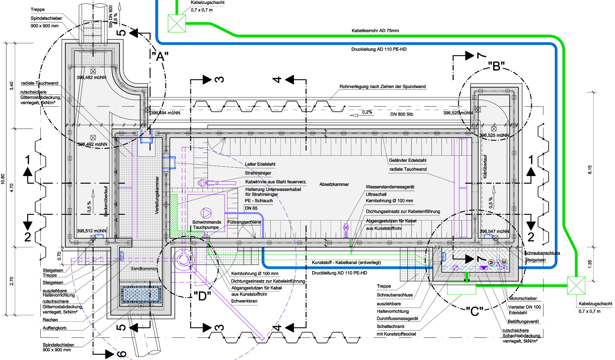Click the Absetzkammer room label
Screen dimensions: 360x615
[x=334, y=184]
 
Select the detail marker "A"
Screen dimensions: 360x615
[x=160, y=57]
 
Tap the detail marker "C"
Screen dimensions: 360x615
[x=474, y=311]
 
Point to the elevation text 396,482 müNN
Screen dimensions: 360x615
[x=91, y=78]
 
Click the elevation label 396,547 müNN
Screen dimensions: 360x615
[x=494, y=231]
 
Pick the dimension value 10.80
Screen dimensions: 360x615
[x=3, y=179]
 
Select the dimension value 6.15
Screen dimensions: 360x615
[x=590, y=170]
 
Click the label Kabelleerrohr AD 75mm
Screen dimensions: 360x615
[x=375, y=31]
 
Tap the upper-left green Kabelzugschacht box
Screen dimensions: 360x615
[x=177, y=23]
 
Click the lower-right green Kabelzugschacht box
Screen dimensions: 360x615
[x=576, y=285]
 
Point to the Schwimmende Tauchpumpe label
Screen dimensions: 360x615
[x=206, y=224]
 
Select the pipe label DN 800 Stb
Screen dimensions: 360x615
[x=401, y=114]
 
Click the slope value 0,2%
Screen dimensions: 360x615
[x=367, y=112]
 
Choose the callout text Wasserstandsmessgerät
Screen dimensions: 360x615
[x=390, y=187]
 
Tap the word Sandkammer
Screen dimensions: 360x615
[x=144, y=269]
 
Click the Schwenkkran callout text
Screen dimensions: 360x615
[x=244, y=301]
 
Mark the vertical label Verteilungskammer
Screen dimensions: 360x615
[x=157, y=195]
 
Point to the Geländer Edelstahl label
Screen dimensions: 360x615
[x=407, y=160]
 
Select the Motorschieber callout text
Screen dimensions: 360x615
[x=523, y=298]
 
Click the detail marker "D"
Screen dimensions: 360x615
[x=202, y=296]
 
